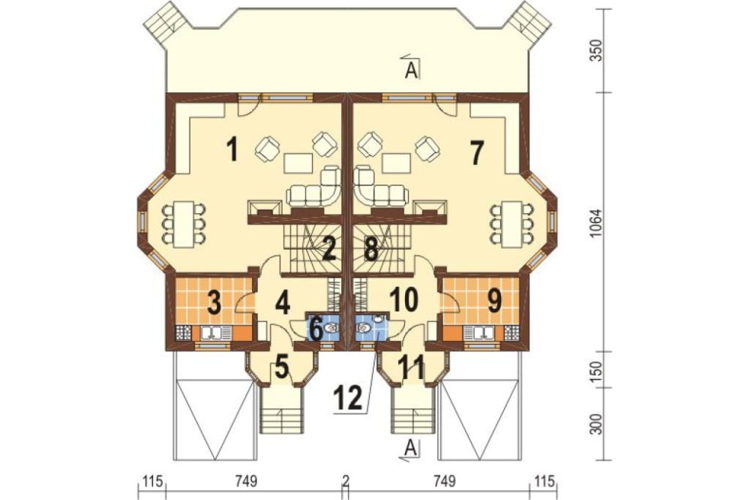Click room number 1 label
(232, 149)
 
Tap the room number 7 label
(476, 153)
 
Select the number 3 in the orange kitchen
(214, 303)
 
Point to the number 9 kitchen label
(494, 301)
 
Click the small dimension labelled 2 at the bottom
(346, 480)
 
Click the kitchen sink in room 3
(212, 332)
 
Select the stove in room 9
(511, 332)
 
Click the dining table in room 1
(183, 224)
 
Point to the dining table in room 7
(511, 224)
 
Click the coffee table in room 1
(298, 162)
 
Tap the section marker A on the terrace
(411, 70)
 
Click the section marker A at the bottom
(410, 448)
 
